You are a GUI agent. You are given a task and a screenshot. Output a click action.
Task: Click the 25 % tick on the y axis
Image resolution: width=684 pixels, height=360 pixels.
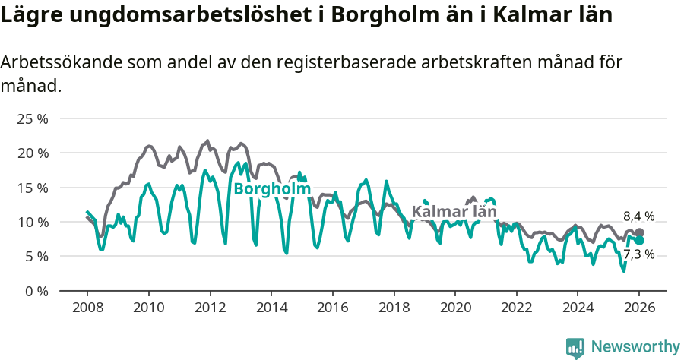[x=33, y=119]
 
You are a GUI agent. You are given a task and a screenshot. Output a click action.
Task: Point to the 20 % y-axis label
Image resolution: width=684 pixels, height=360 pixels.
[x=33, y=153]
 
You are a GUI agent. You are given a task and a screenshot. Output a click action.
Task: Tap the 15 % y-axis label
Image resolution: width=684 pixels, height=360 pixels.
[x=33, y=188]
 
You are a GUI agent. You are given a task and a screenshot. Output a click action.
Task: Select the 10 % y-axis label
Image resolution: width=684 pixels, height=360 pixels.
[x=33, y=222]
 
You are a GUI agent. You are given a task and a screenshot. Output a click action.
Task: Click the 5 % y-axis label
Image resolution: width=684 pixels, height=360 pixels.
[x=37, y=257]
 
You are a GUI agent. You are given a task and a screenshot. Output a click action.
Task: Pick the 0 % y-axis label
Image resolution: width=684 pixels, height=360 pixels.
[x=37, y=291]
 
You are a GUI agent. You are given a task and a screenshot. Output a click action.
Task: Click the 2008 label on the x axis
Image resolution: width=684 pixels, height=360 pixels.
[x=87, y=308]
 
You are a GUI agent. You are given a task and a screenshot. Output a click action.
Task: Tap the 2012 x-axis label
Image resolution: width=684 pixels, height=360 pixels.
[x=210, y=308]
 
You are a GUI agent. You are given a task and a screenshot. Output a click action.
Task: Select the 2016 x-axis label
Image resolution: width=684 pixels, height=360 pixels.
[x=332, y=308]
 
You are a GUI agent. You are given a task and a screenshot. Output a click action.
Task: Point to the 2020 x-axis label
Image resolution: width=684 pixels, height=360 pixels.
[x=454, y=308]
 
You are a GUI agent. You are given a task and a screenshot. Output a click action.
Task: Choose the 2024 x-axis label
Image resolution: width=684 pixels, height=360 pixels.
[x=578, y=308]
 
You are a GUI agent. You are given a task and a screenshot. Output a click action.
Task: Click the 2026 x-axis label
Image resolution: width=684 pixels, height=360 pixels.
[x=639, y=308]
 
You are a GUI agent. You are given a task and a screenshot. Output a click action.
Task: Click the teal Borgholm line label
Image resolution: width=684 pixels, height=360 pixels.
[x=272, y=188]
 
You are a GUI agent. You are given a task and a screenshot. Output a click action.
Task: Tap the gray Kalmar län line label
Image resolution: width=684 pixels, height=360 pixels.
[x=454, y=212]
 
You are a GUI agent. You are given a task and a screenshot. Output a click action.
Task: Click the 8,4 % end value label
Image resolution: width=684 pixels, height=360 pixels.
[x=638, y=216]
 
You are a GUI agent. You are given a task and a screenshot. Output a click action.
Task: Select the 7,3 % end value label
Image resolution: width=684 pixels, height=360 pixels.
[x=638, y=254]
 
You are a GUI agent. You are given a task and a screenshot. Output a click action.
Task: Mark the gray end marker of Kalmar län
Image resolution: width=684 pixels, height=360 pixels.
[x=639, y=233]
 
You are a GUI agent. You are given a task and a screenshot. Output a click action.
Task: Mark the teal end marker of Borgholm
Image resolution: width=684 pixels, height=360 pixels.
[x=639, y=241]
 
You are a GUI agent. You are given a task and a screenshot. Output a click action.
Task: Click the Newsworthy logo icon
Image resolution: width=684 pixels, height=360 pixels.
[x=575, y=347]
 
